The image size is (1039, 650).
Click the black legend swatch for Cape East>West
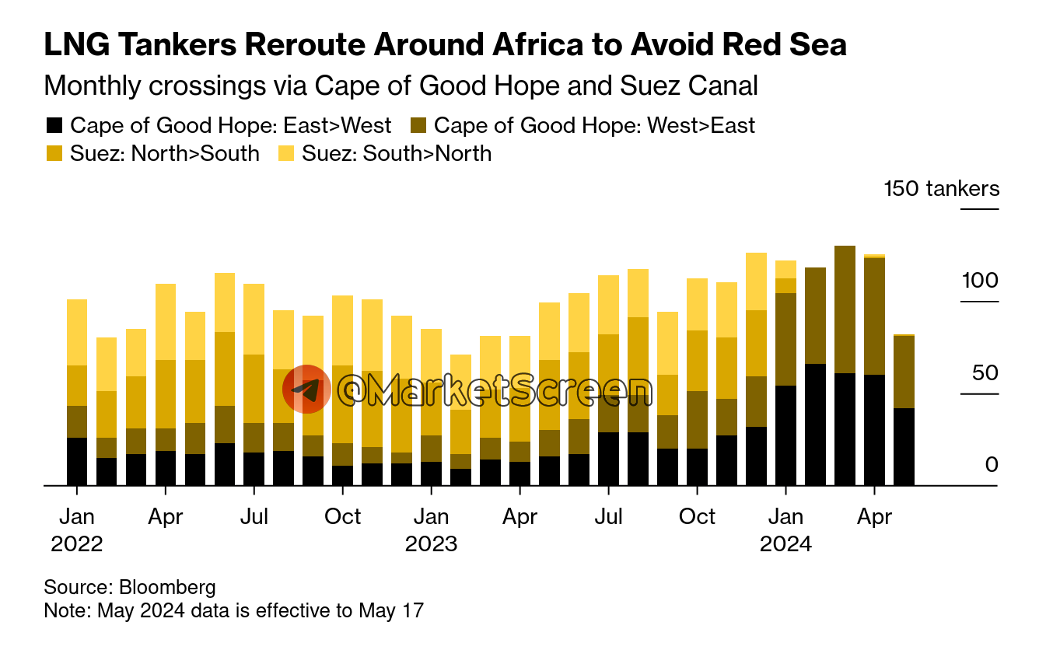point(54,126)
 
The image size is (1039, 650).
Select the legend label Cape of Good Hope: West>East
point(594,126)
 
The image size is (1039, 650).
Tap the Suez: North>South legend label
point(164,154)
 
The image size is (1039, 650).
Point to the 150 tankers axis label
point(942,189)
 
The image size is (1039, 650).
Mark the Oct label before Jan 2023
point(342,516)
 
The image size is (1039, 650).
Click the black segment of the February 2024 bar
point(815,424)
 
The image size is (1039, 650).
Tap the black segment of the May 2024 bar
point(904,446)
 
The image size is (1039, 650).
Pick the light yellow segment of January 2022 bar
point(77,332)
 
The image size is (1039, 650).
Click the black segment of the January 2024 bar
point(785,435)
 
